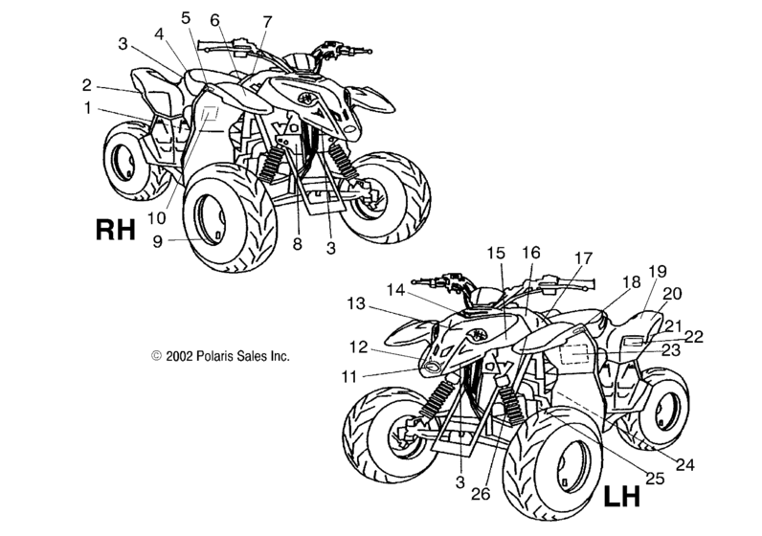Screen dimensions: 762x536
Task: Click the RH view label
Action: [115, 230]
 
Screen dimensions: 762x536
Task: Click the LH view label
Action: [622, 496]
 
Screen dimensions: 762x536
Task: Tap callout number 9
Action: [157, 241]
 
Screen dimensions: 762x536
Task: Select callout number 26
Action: [481, 494]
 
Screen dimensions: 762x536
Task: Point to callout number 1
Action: [87, 108]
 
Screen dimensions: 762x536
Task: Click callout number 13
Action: [356, 303]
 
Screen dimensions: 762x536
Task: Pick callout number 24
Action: [685, 465]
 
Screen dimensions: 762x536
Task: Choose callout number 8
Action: [298, 244]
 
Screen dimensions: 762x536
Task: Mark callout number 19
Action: [658, 272]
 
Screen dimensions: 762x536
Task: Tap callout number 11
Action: [348, 376]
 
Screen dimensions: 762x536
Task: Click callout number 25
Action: [655, 479]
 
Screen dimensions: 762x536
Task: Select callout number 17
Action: [584, 258]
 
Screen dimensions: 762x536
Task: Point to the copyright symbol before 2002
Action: [156, 356]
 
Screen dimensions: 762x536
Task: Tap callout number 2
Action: [86, 85]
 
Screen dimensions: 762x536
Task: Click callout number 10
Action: [156, 218]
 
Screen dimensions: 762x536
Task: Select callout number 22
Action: [694, 336]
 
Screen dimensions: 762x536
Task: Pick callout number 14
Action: [395, 290]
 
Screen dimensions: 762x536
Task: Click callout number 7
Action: [267, 22]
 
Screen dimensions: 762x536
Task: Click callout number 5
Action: [186, 18]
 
